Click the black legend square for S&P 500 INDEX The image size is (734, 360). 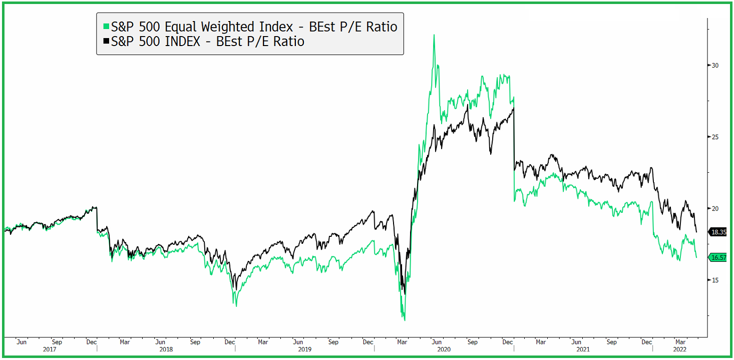[105, 42]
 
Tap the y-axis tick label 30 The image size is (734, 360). [715, 66]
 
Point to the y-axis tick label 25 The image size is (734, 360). [715, 137]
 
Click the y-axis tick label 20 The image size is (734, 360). [715, 209]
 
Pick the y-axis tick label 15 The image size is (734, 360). [715, 280]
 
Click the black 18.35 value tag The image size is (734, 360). [718, 232]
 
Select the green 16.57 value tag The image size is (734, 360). [718, 257]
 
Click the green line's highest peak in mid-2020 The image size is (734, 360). [434, 35]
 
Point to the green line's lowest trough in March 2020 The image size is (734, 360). [404, 320]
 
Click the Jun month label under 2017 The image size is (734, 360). [22, 342]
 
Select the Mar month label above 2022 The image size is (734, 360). [679, 342]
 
